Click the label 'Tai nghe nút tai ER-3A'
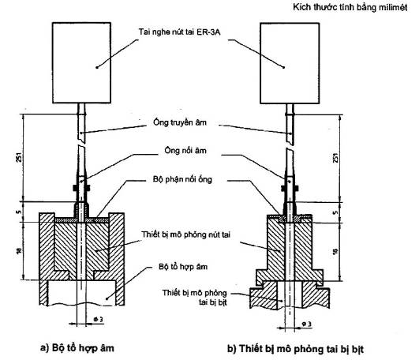179,32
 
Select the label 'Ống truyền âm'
180,122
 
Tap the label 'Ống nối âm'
185,151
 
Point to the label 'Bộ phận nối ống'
182,178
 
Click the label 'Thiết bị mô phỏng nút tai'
185,234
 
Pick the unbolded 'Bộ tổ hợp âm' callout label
183,267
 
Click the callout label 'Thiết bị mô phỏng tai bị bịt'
195,297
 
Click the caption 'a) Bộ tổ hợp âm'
77,348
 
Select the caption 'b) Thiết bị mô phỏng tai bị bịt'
296,349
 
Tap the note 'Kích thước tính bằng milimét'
350,7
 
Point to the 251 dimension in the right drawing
336,158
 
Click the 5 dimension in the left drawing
19,212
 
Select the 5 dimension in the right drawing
335,212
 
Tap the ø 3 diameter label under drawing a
99,319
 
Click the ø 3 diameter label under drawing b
306,324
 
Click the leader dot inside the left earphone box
97,67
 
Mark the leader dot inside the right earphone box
284,67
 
